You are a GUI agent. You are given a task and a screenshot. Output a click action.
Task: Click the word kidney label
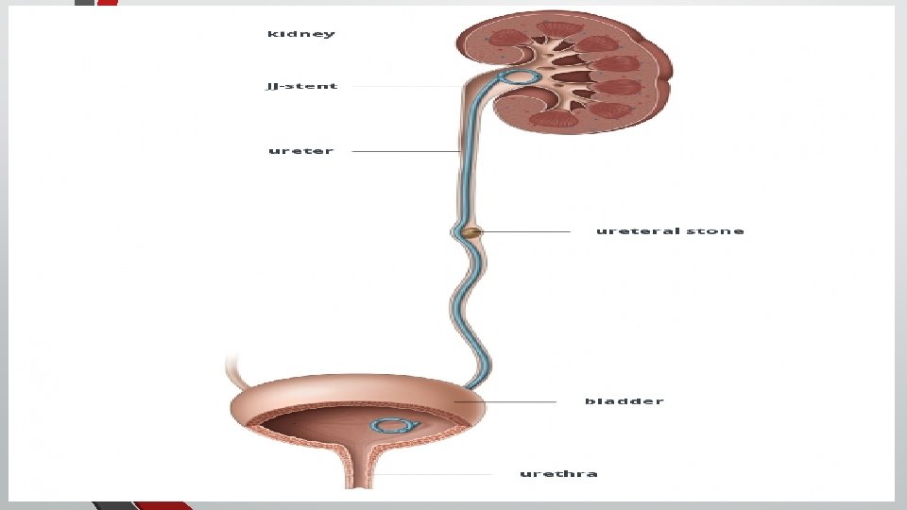tap(300, 34)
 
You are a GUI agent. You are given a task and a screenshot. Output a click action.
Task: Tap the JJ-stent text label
tap(301, 86)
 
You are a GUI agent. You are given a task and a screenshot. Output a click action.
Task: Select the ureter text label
tap(300, 151)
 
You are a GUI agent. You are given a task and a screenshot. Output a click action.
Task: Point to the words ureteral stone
tap(670, 230)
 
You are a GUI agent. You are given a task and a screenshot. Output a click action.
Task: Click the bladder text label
tap(624, 401)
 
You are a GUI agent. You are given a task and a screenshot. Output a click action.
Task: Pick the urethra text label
tap(558, 473)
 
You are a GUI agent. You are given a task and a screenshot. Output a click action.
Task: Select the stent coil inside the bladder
tap(388, 428)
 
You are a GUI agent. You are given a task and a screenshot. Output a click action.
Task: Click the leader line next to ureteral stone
tap(529, 230)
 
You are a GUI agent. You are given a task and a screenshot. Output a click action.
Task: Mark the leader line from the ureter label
tap(406, 151)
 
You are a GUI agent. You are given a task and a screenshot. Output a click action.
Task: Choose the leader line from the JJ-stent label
tap(397, 86)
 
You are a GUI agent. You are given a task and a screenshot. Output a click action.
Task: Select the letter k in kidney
tap(271, 34)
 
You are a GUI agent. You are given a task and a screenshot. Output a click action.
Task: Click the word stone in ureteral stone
tap(722, 230)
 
